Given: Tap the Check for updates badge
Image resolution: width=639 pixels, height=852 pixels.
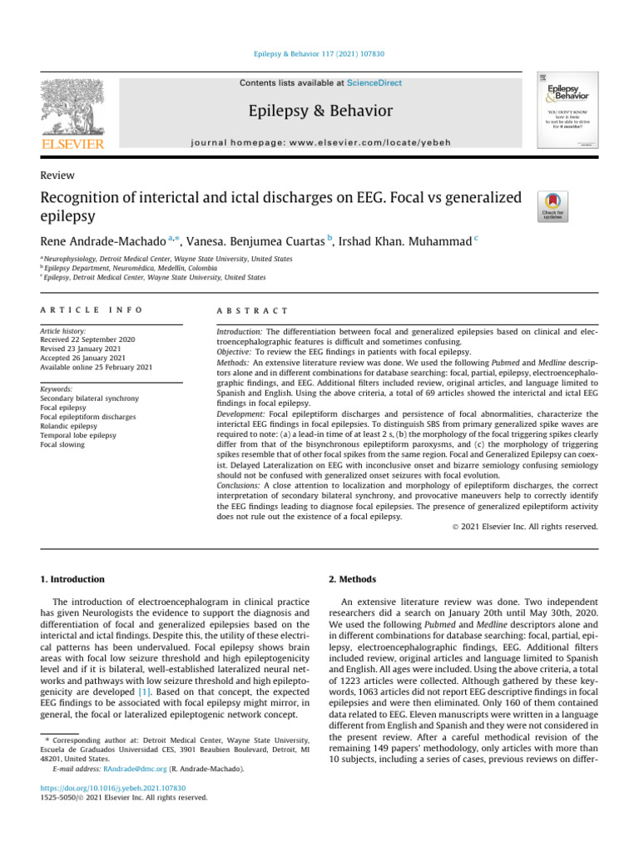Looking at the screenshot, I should click(554, 206).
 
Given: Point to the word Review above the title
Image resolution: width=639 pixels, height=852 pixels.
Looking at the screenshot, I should click(57, 176).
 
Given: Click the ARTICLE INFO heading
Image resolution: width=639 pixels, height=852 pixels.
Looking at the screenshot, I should click(91, 310).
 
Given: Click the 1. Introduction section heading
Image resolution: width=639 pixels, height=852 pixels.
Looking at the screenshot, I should click(73, 579).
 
